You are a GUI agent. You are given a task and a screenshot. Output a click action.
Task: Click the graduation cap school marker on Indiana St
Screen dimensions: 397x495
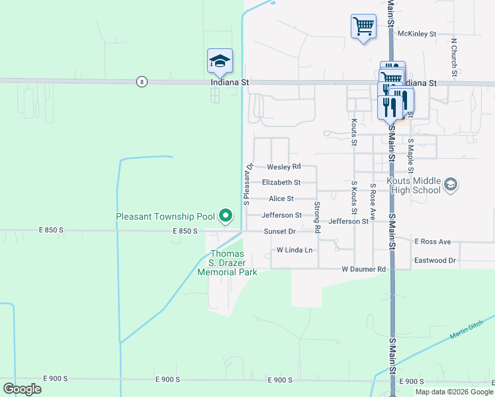(220, 62)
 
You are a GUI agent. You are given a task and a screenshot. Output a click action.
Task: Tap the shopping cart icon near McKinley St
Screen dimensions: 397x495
(363, 27)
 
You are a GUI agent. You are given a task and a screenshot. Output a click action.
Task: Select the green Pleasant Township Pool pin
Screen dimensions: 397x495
(226, 216)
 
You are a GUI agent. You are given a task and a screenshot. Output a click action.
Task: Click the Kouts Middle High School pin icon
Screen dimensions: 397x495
(451, 184)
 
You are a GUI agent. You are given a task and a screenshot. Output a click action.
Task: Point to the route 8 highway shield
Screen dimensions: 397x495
(142, 81)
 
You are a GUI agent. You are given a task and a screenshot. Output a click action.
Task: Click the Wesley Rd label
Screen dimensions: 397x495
(284, 166)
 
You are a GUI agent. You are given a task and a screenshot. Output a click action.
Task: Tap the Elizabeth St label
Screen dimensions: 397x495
(281, 182)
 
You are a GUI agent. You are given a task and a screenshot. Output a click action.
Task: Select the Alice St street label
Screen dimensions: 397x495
(281, 198)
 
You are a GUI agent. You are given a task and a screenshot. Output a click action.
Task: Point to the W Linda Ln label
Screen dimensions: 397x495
(294, 250)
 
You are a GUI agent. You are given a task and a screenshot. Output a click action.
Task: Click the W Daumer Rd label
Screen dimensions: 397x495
(363, 269)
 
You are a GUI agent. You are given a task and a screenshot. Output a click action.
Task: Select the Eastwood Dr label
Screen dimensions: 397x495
(435, 261)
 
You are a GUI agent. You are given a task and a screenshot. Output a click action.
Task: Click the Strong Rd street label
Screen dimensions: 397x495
(318, 217)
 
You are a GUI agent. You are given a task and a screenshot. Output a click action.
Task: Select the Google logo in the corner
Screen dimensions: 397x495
(22, 389)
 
